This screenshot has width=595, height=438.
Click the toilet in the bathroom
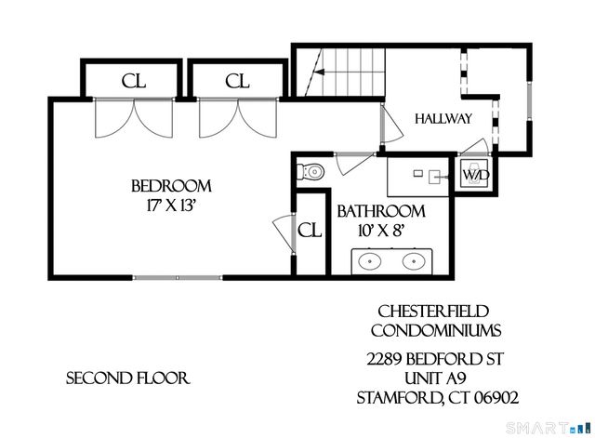[x=311, y=172]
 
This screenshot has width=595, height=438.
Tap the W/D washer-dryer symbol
[x=473, y=175]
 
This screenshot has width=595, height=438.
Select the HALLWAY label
[x=443, y=119]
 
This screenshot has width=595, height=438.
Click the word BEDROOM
[x=171, y=186]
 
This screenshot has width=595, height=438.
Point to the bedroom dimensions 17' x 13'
[x=171, y=206]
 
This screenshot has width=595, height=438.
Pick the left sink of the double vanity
[x=370, y=260]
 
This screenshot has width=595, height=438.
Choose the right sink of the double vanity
[x=414, y=260]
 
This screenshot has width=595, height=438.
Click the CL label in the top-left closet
[x=134, y=81]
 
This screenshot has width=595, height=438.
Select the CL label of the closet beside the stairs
[x=237, y=81]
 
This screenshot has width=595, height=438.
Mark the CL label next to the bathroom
[x=310, y=230]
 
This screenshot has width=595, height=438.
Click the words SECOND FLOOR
[x=128, y=378]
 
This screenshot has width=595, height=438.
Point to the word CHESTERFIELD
[x=433, y=312]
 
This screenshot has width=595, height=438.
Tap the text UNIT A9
[x=435, y=378]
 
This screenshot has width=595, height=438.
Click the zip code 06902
[x=496, y=398]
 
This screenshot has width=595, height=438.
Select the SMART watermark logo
[x=549, y=428]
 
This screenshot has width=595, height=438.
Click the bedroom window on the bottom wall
[x=178, y=277]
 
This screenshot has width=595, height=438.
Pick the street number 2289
[x=384, y=359]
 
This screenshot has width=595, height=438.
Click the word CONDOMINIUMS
[x=436, y=330]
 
